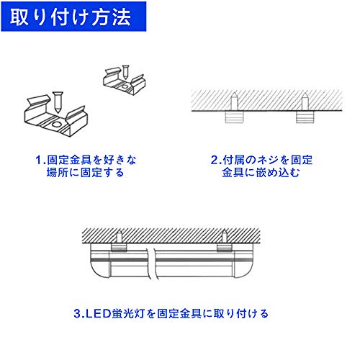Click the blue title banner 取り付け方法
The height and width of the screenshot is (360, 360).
coord(73,17)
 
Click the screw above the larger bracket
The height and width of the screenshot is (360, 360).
coord(58,102)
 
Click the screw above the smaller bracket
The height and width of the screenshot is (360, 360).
coord(125,71)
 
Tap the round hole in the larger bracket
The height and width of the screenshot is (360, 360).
coord(58,125)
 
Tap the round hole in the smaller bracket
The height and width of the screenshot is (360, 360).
coord(125,86)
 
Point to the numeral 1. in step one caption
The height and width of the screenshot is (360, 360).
coord(40,161)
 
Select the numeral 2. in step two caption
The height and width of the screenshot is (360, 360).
coord(216,161)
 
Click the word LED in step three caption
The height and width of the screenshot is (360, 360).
coord(98,314)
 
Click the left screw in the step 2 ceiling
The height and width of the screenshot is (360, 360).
coord(234,102)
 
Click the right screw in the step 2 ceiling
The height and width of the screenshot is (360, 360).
coord(305,102)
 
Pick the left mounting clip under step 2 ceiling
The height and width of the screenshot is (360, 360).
coord(234,117)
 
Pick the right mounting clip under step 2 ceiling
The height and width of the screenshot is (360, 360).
coord(305,117)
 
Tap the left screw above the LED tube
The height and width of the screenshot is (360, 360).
coord(119,237)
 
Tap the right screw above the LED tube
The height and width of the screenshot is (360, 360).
coord(224,237)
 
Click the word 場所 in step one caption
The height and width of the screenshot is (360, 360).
coord(57,173)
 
